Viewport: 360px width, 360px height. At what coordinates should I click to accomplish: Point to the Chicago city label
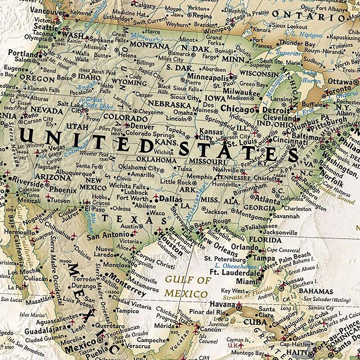pos(236,109)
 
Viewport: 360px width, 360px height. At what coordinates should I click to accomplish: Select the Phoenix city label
pos(63,189)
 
